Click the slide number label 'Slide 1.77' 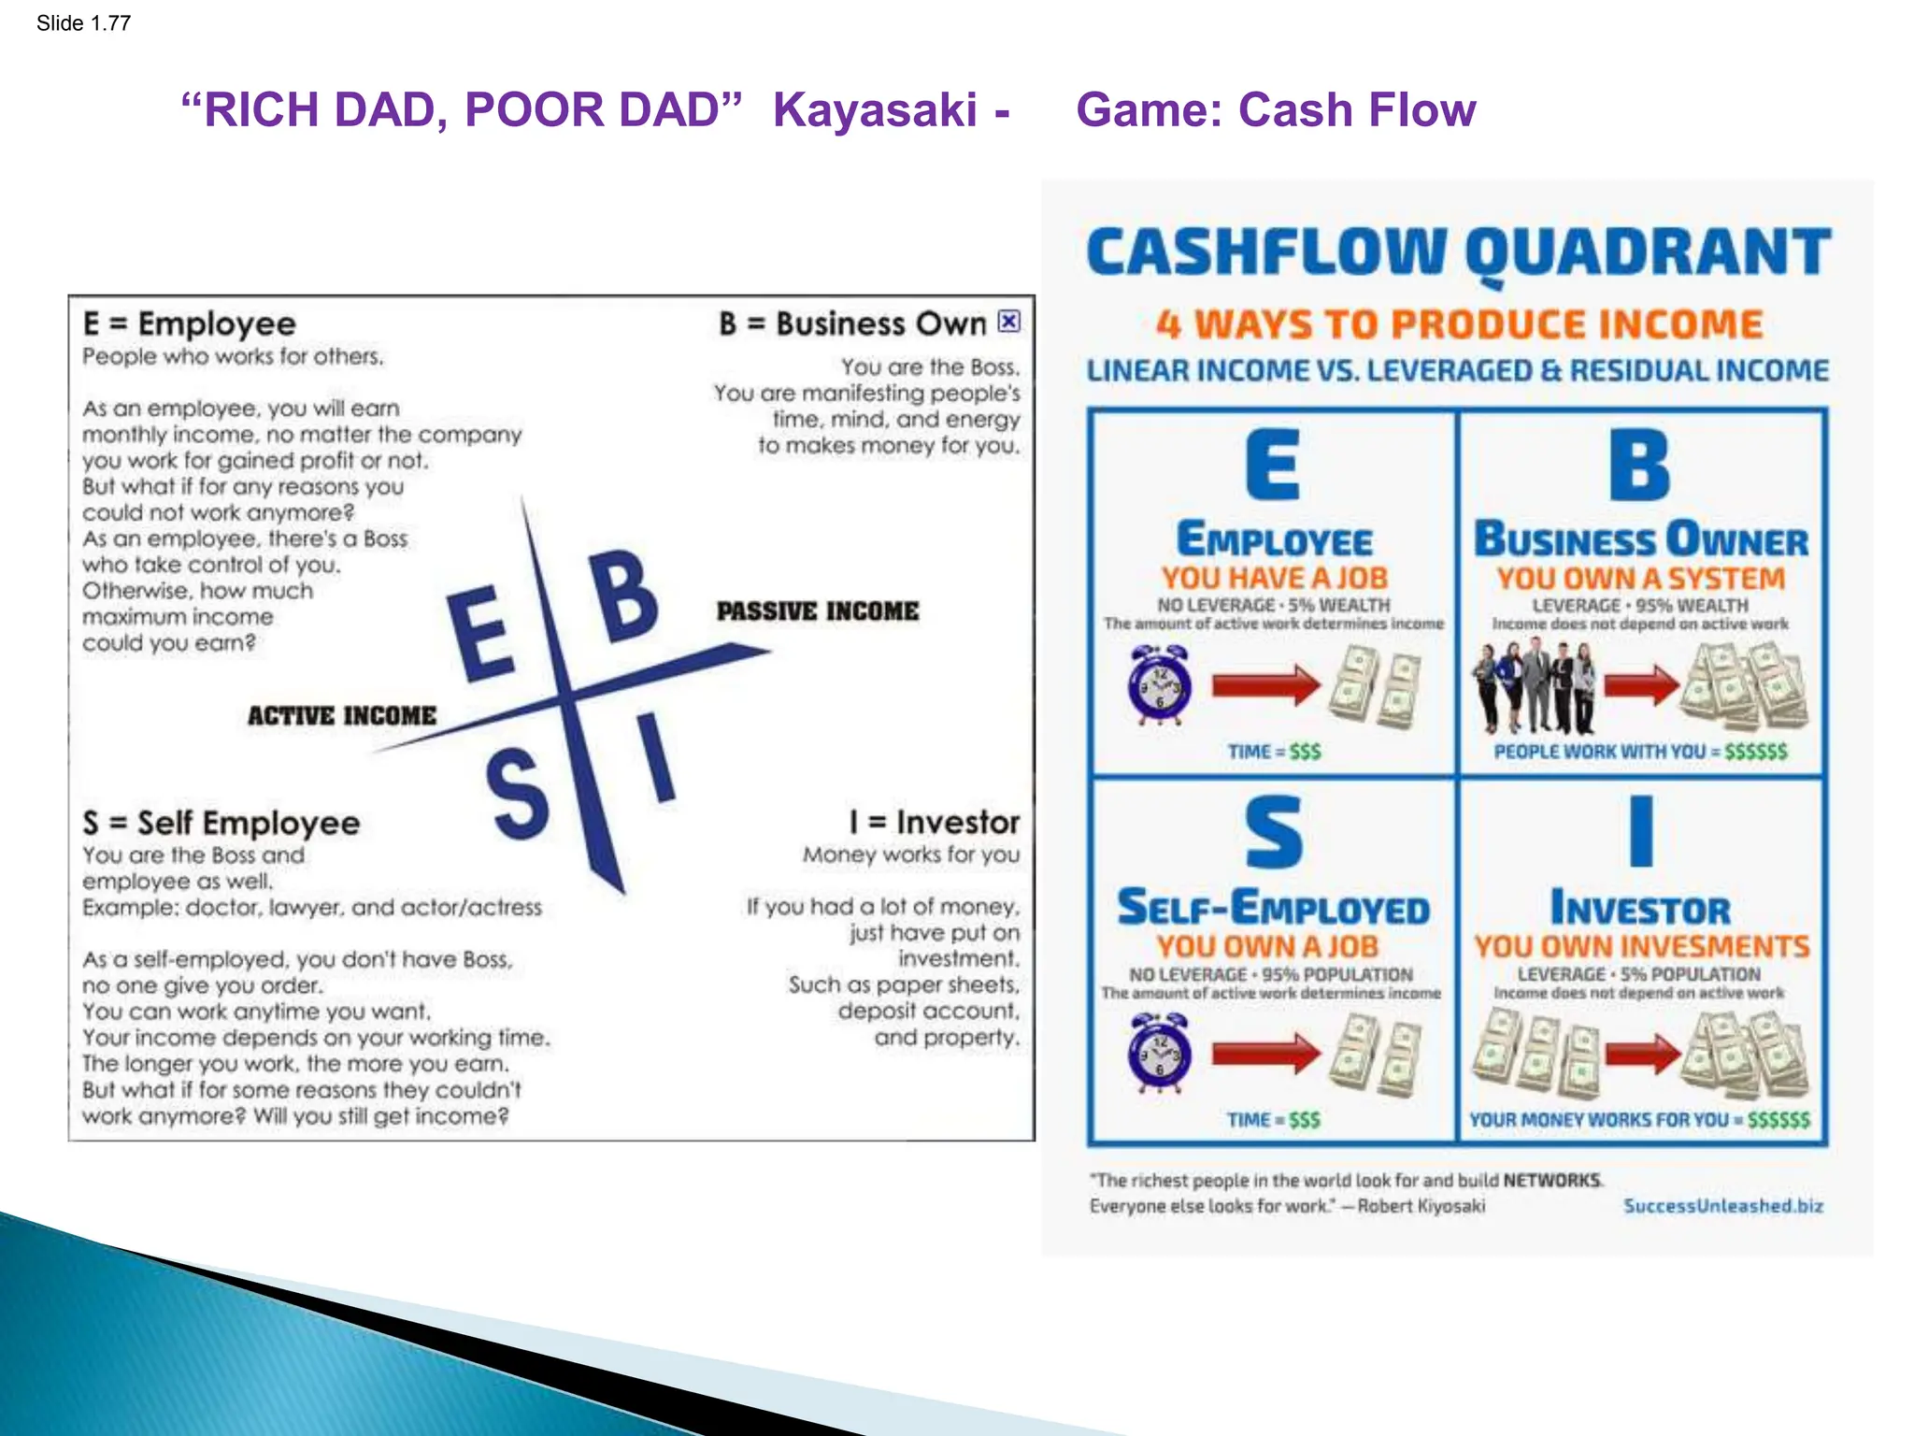[83, 23]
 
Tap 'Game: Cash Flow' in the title [1275, 110]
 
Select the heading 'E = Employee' [189, 324]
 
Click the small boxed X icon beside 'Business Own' [1008, 322]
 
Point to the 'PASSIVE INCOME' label [817, 611]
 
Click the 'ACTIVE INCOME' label [341, 716]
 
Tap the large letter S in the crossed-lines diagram [517, 797]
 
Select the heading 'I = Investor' [934, 823]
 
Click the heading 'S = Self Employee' [221, 824]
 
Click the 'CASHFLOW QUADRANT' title [1457, 252]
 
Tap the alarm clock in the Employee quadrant [1159, 685]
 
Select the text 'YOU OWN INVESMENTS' [1641, 947]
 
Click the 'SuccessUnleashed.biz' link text [1722, 1206]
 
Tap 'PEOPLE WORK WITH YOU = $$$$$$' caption [1640, 752]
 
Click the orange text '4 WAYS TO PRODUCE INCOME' [1458, 325]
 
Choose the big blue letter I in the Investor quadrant [1641, 831]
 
